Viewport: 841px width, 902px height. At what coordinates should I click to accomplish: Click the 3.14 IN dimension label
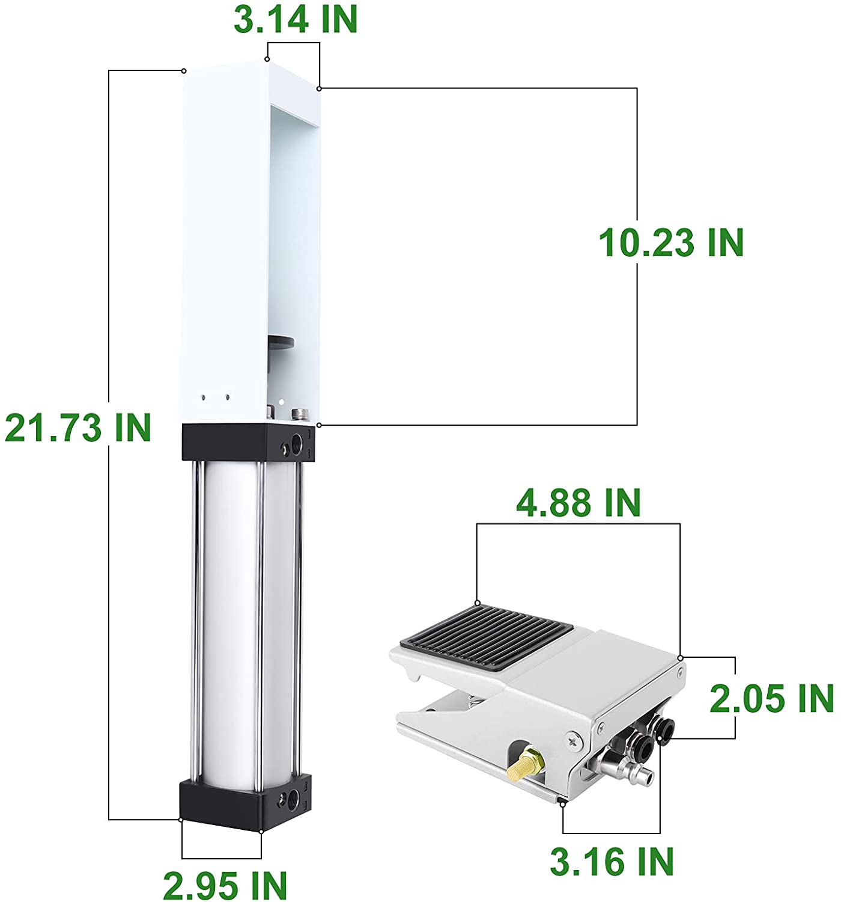(x=296, y=19)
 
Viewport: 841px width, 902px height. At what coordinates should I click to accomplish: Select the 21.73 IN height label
(x=77, y=428)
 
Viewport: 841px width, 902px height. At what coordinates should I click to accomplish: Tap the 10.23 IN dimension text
(x=671, y=243)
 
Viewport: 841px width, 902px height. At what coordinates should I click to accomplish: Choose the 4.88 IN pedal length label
(x=578, y=503)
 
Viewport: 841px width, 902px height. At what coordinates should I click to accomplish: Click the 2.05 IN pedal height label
(x=771, y=698)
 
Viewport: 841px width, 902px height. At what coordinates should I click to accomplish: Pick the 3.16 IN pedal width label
(x=612, y=861)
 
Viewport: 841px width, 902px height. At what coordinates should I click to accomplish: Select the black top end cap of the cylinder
(x=248, y=443)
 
